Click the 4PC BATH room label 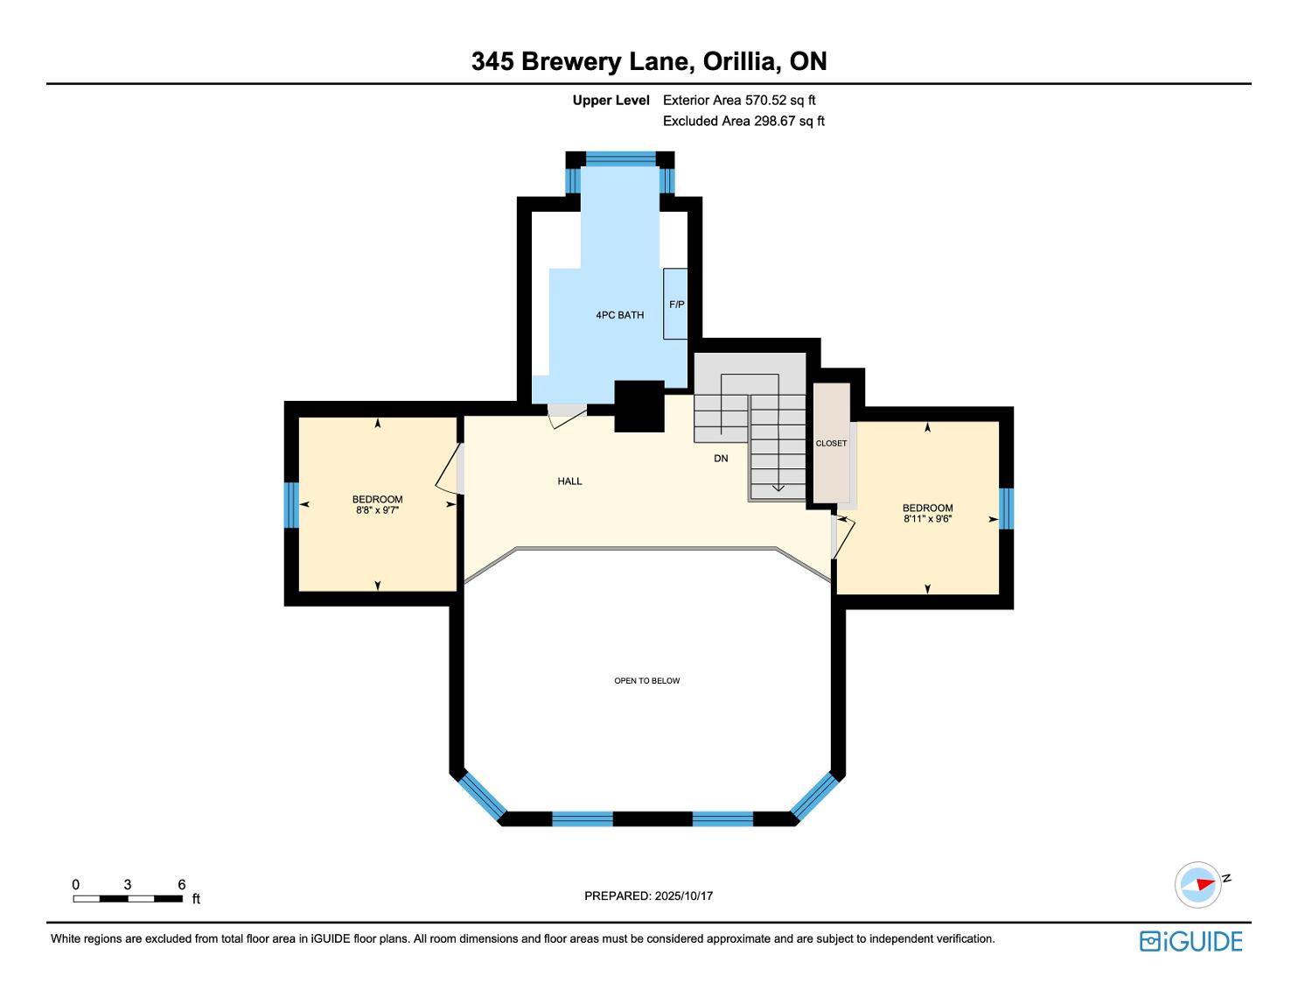click(x=620, y=315)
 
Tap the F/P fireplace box click(x=675, y=304)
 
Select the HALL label click(x=569, y=481)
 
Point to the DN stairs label click(x=721, y=459)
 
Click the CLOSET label click(x=831, y=444)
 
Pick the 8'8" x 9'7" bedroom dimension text click(x=377, y=510)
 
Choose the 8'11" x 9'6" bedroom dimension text click(x=928, y=519)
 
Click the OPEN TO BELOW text click(x=647, y=681)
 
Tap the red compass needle click(x=1205, y=884)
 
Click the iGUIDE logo click(x=1191, y=941)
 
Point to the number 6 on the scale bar click(x=182, y=884)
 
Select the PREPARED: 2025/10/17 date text click(x=649, y=895)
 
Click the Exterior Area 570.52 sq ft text click(x=739, y=101)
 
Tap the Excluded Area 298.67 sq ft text click(x=743, y=121)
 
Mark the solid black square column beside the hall click(x=639, y=406)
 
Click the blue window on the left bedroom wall click(x=291, y=505)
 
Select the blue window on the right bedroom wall click(x=1007, y=509)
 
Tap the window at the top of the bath click(x=621, y=158)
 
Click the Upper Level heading click(x=611, y=101)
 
